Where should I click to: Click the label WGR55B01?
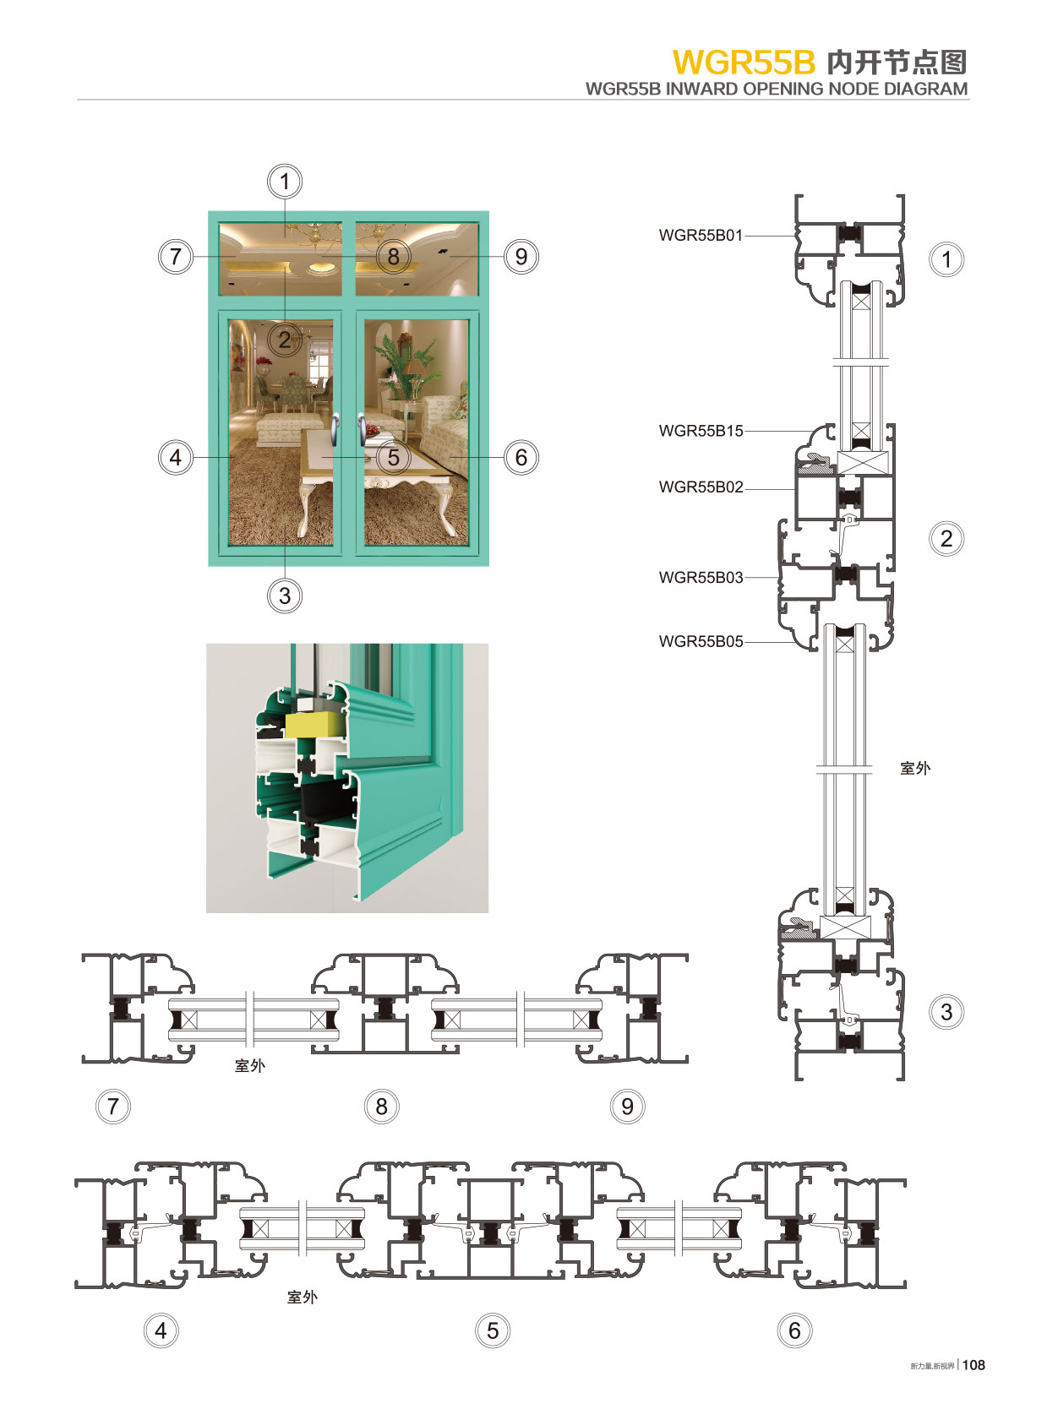tap(701, 236)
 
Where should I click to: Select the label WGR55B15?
tap(701, 431)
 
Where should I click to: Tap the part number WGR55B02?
tap(701, 487)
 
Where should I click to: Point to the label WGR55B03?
tap(701, 578)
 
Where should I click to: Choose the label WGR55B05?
tap(701, 642)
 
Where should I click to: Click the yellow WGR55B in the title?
tap(744, 63)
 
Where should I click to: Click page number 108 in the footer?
tap(973, 1364)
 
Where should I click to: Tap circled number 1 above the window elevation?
tap(285, 182)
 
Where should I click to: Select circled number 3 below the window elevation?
tap(285, 596)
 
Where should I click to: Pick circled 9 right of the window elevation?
tap(521, 257)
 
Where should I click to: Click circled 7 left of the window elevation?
tap(176, 257)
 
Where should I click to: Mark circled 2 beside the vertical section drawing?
tap(946, 539)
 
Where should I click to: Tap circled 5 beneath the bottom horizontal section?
tap(493, 1331)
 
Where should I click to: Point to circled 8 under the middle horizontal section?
tap(381, 1107)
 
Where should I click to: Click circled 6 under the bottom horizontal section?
tap(794, 1331)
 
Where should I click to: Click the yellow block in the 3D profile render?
tap(314, 723)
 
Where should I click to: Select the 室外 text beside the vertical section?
tap(915, 768)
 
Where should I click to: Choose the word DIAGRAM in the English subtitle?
tap(925, 89)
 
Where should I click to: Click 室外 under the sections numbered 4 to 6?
tap(303, 1297)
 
